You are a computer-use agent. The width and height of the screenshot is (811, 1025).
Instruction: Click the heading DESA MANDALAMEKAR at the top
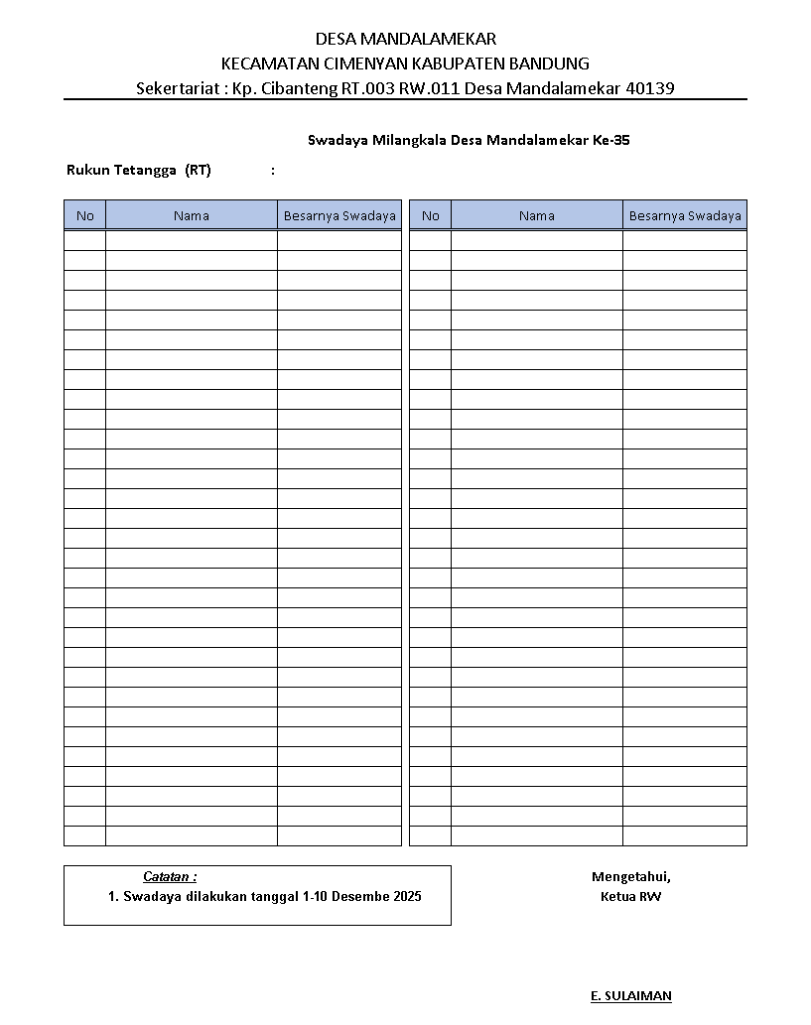click(x=405, y=40)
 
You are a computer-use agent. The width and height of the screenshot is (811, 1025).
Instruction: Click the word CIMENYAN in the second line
click(x=363, y=64)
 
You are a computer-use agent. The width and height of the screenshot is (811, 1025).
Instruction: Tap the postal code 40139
click(x=651, y=88)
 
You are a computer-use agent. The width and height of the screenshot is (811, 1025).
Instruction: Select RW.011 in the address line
click(x=423, y=88)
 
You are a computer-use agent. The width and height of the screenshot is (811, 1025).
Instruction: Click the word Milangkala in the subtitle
click(x=408, y=141)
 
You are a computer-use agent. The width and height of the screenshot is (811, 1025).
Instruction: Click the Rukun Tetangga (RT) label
click(x=139, y=170)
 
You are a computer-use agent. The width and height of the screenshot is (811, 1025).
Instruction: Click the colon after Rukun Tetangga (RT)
click(x=273, y=170)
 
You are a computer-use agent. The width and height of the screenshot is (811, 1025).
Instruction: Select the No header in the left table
click(x=85, y=215)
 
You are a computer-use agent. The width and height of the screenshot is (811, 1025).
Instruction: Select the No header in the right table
click(x=430, y=215)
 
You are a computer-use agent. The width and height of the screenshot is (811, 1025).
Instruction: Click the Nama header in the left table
click(x=192, y=215)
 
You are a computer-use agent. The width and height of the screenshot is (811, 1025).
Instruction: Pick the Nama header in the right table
click(x=537, y=215)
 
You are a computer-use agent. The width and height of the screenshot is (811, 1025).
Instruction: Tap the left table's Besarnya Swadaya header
click(x=339, y=215)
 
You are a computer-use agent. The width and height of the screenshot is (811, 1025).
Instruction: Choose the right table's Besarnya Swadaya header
click(x=685, y=215)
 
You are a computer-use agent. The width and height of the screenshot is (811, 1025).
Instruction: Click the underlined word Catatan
click(x=169, y=876)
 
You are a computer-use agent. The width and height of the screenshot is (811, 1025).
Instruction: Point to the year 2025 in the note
click(x=406, y=897)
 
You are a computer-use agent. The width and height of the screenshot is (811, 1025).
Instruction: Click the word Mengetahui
click(x=631, y=876)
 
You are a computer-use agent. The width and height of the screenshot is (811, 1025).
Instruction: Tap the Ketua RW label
click(x=631, y=897)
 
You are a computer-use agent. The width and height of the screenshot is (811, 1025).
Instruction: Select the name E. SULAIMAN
click(x=631, y=995)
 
